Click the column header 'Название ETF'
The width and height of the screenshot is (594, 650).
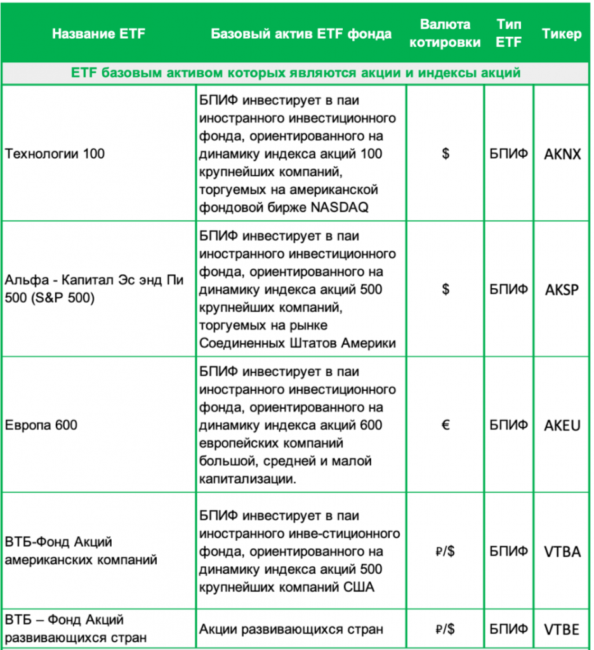[98, 34]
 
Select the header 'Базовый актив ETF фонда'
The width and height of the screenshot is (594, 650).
[301, 34]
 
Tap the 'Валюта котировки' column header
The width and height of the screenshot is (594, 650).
[445, 34]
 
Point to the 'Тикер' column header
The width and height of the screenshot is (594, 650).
[562, 34]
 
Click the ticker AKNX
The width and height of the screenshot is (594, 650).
[562, 154]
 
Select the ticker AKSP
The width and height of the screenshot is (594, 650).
[562, 289]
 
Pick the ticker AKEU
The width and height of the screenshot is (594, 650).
[562, 425]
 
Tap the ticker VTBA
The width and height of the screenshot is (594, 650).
[562, 552]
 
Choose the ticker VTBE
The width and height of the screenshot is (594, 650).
[562, 630]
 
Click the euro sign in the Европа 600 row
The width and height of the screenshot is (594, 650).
[445, 425]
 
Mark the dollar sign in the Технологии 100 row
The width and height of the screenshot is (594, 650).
[445, 154]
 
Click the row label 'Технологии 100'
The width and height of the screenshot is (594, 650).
[55, 154]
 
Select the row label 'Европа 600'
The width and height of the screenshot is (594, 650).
[41, 425]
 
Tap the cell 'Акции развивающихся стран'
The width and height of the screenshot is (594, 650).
[291, 630]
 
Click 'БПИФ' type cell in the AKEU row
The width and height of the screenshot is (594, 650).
[509, 425]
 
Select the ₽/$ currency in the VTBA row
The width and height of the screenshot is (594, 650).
[445, 552]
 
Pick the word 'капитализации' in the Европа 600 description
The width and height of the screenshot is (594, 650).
[248, 479]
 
